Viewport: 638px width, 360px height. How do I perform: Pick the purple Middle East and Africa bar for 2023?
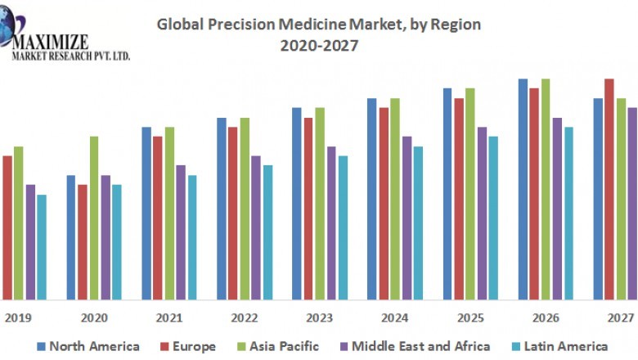331,223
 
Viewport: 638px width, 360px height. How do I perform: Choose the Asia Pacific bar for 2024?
395,198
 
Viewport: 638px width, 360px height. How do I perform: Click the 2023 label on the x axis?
320,317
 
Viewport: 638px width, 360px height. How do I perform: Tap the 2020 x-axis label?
94,317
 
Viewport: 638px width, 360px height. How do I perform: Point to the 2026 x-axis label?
546,317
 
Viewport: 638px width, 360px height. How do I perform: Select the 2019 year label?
19,317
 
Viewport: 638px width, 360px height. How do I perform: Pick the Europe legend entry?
190,346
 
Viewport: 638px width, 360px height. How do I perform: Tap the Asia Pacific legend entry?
279,346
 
